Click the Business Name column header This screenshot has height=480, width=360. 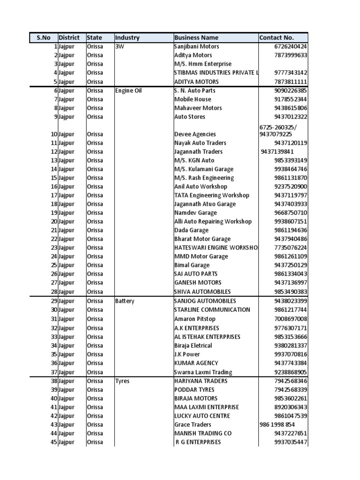point(196,37)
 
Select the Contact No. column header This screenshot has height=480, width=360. point(277,37)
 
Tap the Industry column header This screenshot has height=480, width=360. point(127,37)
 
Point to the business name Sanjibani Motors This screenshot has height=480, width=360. point(196,46)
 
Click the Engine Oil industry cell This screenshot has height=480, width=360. point(128,90)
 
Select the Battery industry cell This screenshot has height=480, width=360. point(125,301)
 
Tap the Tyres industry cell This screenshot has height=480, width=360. point(122,381)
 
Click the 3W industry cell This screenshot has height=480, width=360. point(120,46)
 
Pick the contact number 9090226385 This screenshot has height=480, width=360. point(291,90)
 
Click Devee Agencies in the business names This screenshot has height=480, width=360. point(195,134)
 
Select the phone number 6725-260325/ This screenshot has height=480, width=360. point(278,127)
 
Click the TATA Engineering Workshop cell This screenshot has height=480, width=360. point(211,195)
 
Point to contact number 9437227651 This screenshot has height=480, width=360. point(291,434)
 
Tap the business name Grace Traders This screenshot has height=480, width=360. point(193,425)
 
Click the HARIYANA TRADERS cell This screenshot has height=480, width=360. point(201,381)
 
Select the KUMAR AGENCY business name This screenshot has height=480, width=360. point(196,363)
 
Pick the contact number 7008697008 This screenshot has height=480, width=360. point(291,319)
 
